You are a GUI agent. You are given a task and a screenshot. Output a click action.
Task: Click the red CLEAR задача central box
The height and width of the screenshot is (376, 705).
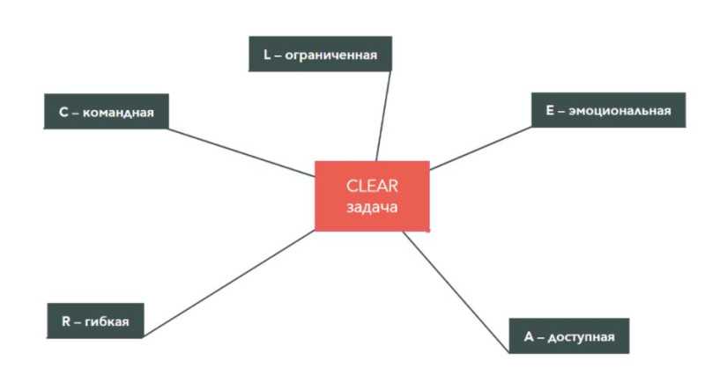[x=372, y=196]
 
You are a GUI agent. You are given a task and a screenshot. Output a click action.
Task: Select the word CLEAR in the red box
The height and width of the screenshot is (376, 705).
[x=372, y=186]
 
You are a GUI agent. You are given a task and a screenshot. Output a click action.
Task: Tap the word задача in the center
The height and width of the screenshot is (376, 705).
[x=372, y=208]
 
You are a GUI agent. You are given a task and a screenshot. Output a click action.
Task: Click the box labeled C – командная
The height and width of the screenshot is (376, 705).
[x=106, y=112]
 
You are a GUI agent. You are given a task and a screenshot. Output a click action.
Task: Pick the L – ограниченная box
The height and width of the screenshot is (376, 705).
[x=320, y=55]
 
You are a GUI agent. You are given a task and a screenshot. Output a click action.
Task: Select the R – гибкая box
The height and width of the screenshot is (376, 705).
[x=95, y=321]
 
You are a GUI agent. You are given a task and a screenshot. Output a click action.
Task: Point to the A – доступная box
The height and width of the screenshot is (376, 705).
[x=569, y=336]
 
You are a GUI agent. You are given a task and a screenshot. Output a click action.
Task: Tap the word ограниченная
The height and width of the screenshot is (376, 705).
[x=331, y=55]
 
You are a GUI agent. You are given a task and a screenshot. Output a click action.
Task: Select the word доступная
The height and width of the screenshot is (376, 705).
[x=583, y=336]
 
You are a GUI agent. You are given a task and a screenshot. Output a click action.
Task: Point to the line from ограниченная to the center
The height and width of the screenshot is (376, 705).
[x=383, y=114]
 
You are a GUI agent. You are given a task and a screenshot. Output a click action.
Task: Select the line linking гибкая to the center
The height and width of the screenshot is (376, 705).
[x=229, y=283]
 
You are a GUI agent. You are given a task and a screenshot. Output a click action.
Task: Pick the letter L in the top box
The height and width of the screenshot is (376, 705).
[x=267, y=55]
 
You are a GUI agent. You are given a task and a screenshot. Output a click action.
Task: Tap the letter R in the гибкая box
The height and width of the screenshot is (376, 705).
[x=65, y=321]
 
